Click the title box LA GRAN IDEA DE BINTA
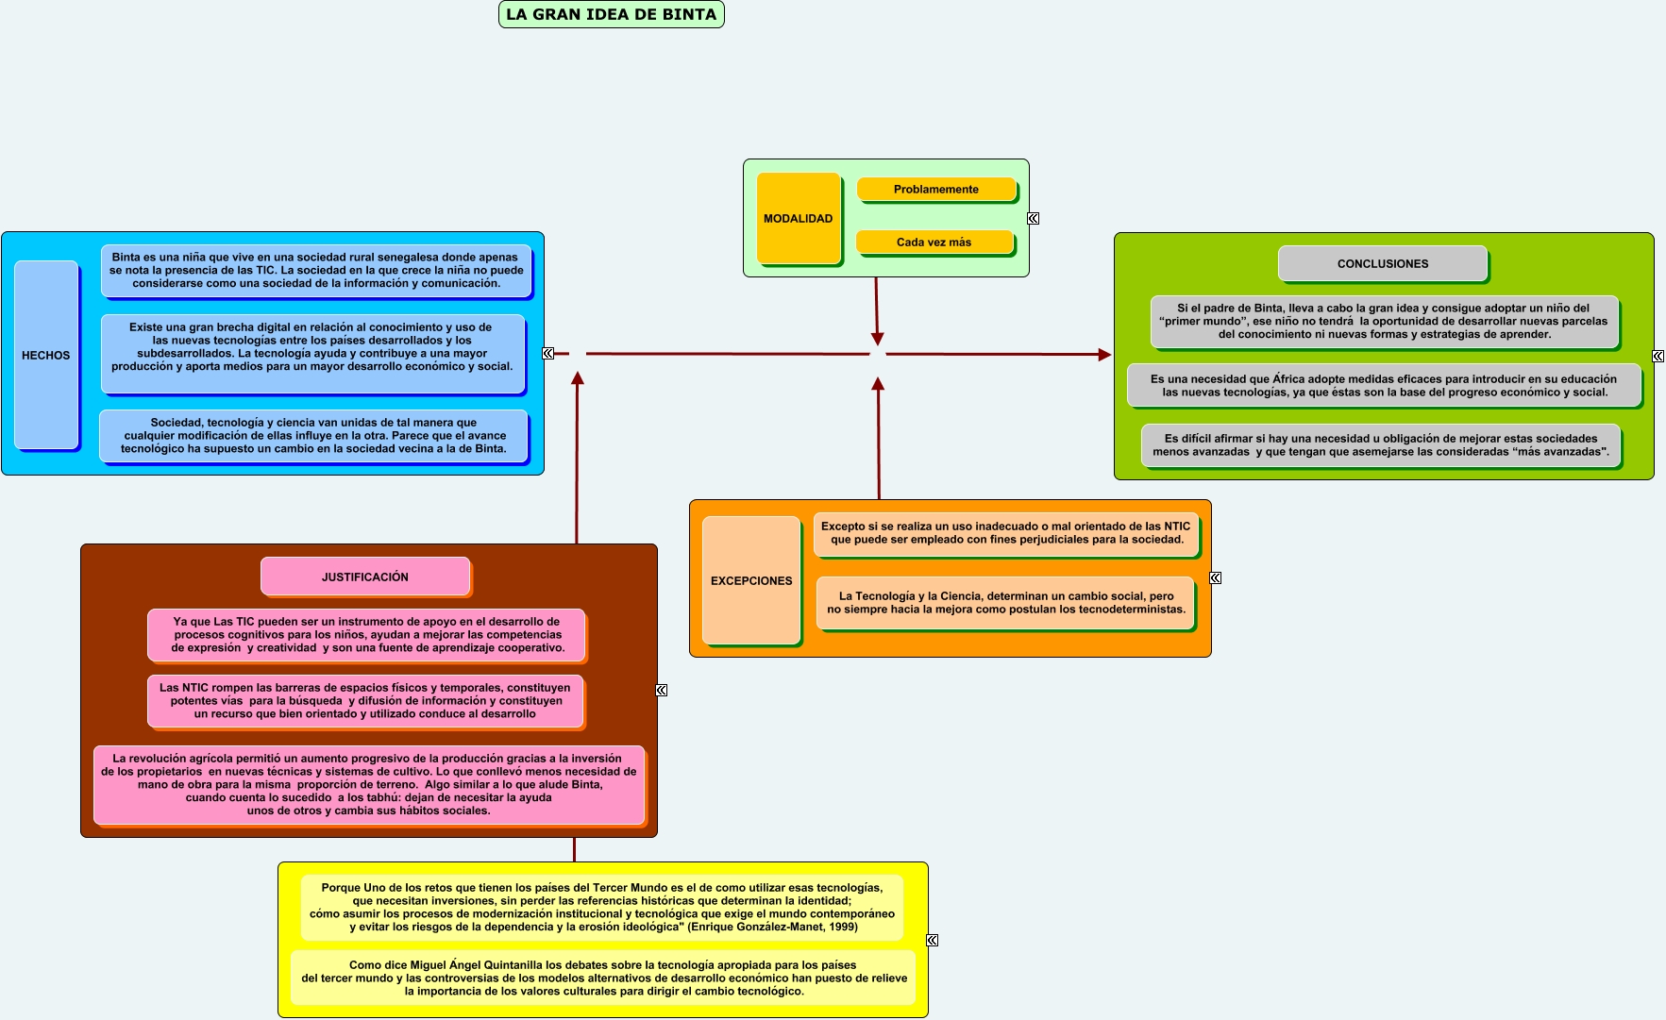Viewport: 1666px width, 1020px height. (x=611, y=14)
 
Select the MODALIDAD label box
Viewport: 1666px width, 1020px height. (x=798, y=218)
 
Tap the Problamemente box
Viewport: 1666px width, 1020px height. (x=935, y=189)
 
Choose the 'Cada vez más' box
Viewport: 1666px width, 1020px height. (x=934, y=242)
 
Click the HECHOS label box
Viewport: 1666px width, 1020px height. (x=45, y=355)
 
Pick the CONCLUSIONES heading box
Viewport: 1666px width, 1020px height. (x=1382, y=263)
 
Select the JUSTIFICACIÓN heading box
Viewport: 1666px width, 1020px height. (x=364, y=577)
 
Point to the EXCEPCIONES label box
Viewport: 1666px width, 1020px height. (x=751, y=580)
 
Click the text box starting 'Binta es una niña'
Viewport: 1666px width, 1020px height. (x=315, y=270)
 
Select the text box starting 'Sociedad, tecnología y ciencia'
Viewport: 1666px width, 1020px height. (x=312, y=435)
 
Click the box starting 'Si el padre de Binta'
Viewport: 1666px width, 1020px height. (x=1383, y=321)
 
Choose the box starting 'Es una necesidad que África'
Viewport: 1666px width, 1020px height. (x=1384, y=385)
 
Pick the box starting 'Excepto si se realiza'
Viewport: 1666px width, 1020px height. (x=1005, y=533)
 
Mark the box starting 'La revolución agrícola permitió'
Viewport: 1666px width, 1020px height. (x=368, y=784)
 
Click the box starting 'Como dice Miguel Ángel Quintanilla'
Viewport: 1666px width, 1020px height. (x=603, y=978)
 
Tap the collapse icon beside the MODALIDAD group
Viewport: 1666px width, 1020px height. (x=1033, y=218)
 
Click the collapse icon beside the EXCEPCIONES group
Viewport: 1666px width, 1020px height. (x=1215, y=577)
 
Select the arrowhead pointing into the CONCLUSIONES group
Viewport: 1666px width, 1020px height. (x=1104, y=355)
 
